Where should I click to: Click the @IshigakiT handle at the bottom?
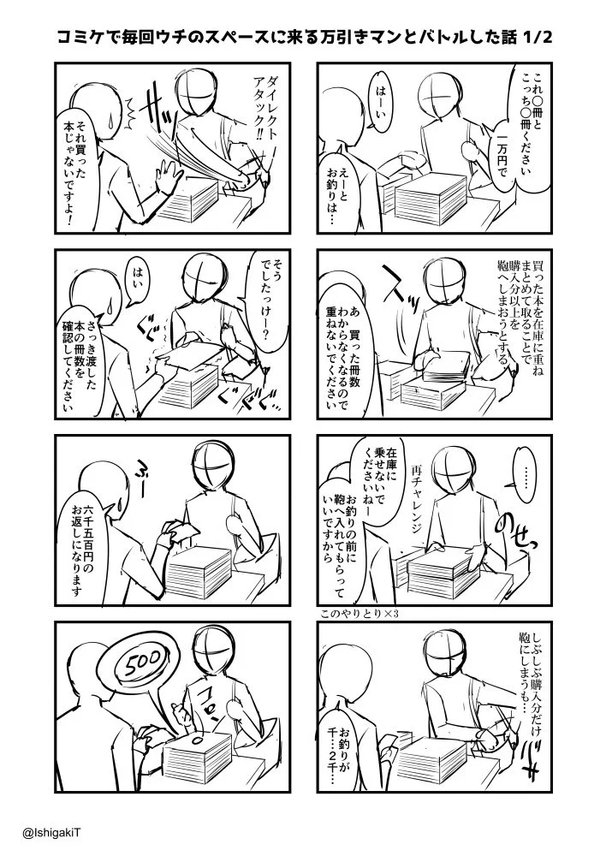click(x=52, y=834)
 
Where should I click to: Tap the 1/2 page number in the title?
click(x=537, y=38)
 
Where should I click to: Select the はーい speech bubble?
click(x=379, y=103)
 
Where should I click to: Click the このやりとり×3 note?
click(x=360, y=614)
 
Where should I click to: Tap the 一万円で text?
click(x=502, y=153)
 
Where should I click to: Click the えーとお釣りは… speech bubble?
click(x=336, y=191)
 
